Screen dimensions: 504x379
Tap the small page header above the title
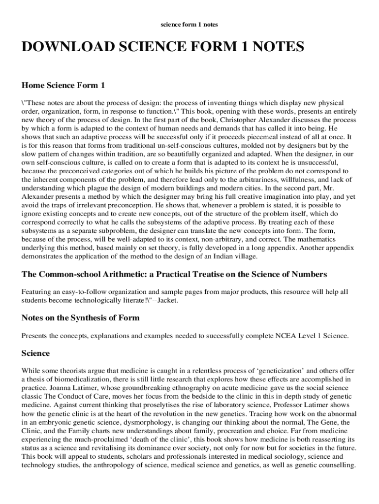(x=189, y=24)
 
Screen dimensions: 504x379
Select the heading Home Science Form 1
(x=63, y=85)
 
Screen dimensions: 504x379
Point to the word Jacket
(x=166, y=300)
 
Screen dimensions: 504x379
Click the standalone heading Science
(x=36, y=353)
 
